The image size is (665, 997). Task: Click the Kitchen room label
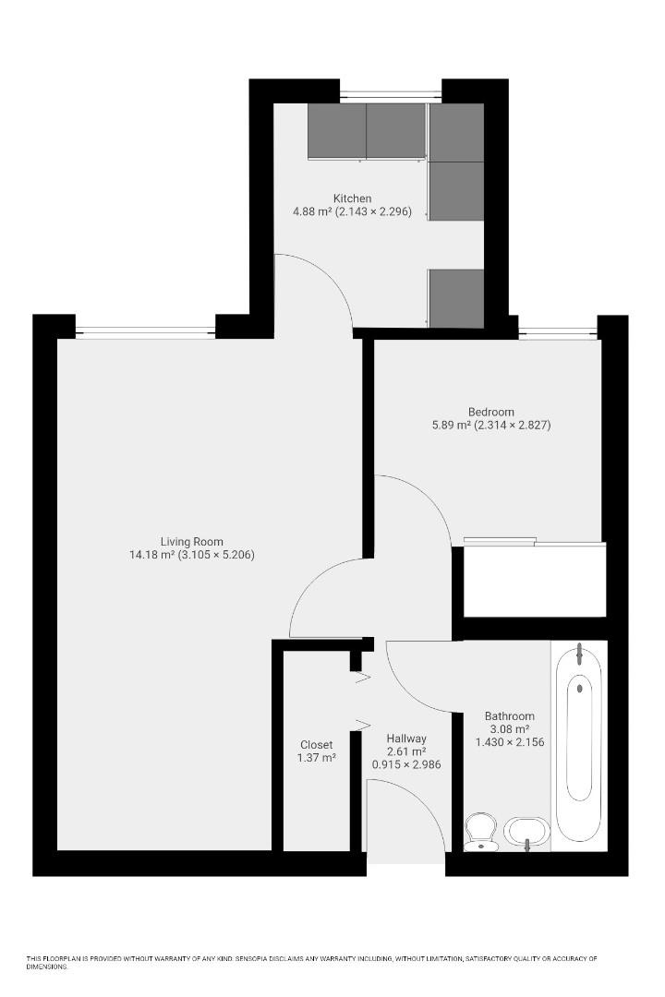(x=352, y=198)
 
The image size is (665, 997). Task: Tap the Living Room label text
(x=191, y=542)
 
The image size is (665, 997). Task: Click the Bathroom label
(x=510, y=715)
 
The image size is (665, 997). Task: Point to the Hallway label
(x=406, y=738)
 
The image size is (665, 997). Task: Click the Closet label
(x=316, y=745)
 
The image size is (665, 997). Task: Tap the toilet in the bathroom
(x=480, y=830)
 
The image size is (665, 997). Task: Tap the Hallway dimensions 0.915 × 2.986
(x=406, y=764)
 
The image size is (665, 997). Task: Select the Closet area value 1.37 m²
(x=316, y=758)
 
